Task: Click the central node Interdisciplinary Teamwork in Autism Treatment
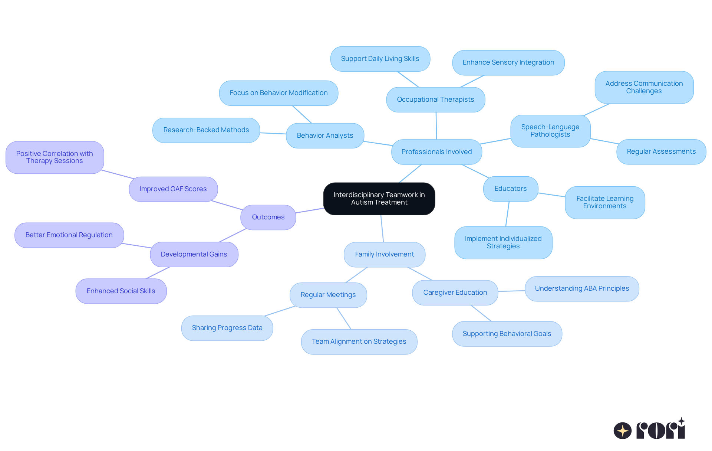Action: click(x=379, y=199)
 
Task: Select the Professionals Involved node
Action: click(x=436, y=152)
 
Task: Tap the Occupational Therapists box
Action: click(x=435, y=99)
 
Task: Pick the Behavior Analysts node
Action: click(x=325, y=135)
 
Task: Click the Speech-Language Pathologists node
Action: click(x=550, y=131)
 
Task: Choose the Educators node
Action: click(x=510, y=189)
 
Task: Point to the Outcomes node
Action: click(x=268, y=217)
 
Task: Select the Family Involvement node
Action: click(x=384, y=254)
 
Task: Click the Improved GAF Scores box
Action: click(x=173, y=189)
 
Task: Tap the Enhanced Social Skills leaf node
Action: click(x=121, y=291)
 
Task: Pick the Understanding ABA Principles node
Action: click(x=581, y=288)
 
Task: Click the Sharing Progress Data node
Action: click(x=227, y=328)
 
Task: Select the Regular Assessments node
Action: click(x=661, y=151)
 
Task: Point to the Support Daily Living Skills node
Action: click(x=380, y=59)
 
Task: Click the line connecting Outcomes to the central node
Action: click(x=310, y=210)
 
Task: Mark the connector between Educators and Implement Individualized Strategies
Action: click(x=507, y=214)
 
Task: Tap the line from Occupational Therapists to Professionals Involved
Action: click(x=436, y=126)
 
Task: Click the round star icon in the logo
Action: click(x=622, y=431)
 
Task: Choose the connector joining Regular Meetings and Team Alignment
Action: click(x=344, y=318)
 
